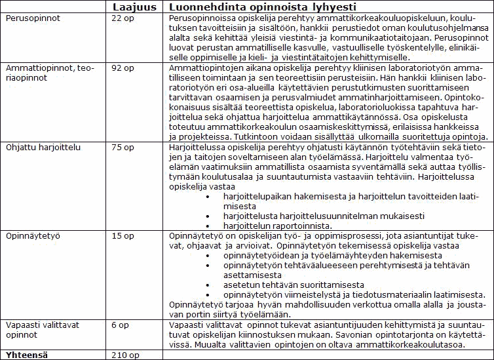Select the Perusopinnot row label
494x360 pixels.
[x=33, y=18]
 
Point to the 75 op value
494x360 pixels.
[x=124, y=148]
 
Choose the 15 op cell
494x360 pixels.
[x=124, y=235]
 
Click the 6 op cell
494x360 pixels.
[x=122, y=324]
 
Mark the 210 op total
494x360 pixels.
[x=126, y=355]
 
